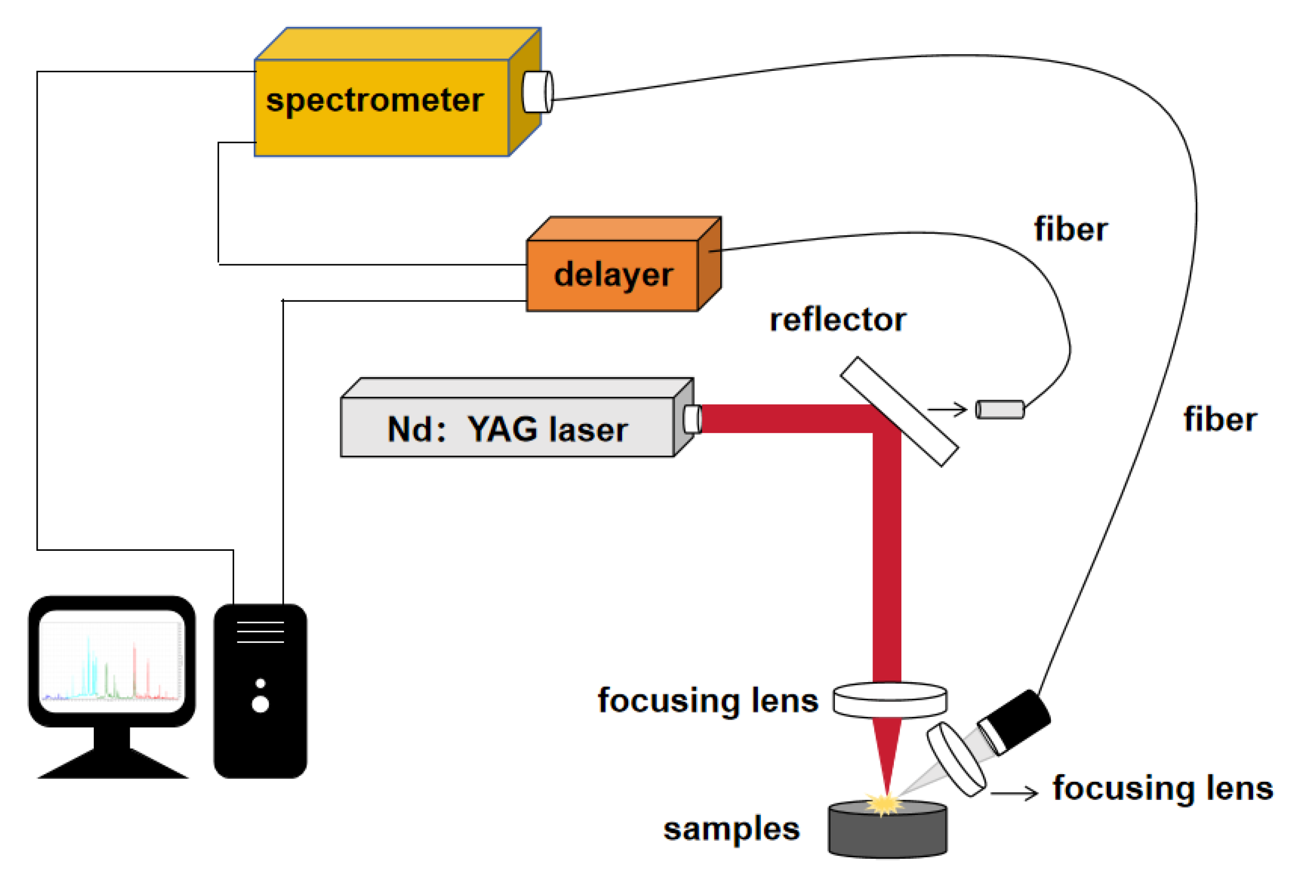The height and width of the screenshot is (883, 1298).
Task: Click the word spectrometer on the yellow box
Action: [374, 102]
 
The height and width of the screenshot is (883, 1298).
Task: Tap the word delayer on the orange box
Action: [613, 275]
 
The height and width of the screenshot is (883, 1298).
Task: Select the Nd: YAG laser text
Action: [507, 430]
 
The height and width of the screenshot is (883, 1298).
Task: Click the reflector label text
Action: [837, 320]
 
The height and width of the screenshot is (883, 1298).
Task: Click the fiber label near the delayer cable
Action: [1070, 229]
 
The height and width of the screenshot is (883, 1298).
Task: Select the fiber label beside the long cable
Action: [1220, 420]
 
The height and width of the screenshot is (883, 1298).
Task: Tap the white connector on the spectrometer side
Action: [537, 92]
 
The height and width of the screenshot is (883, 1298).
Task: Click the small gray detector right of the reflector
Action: [999, 409]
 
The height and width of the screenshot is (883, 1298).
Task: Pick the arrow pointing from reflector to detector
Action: [948, 409]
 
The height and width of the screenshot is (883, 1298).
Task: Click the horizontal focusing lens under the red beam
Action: [890, 700]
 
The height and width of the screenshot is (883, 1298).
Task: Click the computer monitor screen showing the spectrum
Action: [111, 661]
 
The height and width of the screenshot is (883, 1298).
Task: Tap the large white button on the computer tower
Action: [260, 704]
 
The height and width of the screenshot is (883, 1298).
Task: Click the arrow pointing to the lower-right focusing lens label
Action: [1014, 793]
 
